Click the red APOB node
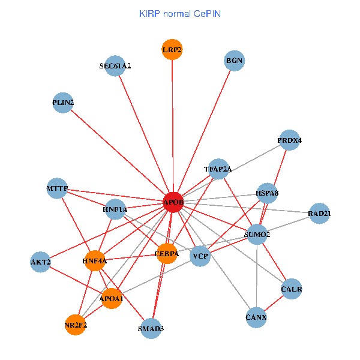[173, 203]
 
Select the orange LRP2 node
[172, 49]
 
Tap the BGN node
[234, 61]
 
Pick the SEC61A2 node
[115, 66]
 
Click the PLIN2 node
[63, 103]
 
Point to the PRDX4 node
[289, 140]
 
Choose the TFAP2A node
[217, 169]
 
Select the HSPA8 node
[267, 193]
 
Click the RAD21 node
[319, 214]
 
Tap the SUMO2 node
[257, 234]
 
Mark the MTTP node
[58, 189]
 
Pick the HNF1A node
[115, 209]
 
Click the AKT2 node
[40, 262]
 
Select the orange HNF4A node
[95, 261]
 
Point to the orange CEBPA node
[166, 254]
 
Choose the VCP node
[200, 256]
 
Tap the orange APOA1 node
[112, 298]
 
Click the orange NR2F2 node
[76, 325]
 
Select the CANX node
[256, 316]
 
